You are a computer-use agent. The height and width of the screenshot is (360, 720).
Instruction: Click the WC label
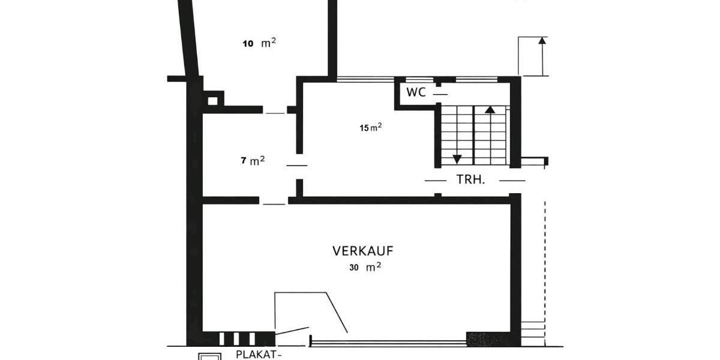(416, 92)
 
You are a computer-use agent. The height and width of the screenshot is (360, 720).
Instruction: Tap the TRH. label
(471, 179)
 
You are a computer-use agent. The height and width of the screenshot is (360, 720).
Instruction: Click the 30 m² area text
(365, 268)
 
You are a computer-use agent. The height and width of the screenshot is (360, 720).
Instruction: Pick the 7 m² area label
(253, 161)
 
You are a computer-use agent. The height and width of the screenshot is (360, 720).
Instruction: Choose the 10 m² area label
(259, 43)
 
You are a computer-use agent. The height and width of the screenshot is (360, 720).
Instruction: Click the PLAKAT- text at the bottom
(259, 354)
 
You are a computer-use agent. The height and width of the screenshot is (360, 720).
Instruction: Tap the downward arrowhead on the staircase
(457, 159)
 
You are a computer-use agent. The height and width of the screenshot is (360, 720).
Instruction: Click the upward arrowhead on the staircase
(490, 110)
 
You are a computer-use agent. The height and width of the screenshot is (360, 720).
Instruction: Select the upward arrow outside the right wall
(542, 42)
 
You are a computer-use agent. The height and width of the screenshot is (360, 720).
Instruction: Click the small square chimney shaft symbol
(212, 100)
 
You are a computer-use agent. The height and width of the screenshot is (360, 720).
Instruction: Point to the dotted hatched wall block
(488, 339)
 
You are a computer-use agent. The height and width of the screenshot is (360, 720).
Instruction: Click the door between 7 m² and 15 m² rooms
(296, 165)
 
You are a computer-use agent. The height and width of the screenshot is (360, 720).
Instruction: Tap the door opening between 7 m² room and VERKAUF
(274, 203)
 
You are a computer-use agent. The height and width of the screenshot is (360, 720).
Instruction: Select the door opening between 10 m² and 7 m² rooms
(275, 113)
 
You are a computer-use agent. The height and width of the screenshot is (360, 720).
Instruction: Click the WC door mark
(440, 94)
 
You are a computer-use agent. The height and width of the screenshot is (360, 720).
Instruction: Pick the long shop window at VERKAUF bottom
(388, 343)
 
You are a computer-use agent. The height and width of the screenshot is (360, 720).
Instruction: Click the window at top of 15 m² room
(365, 79)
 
